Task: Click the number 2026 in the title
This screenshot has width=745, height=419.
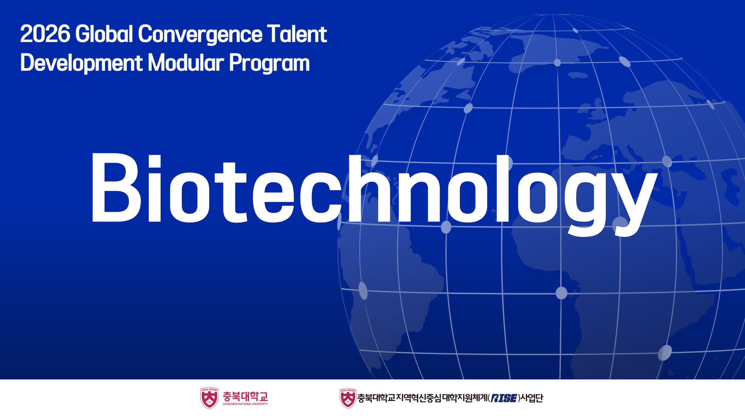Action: coord(45,34)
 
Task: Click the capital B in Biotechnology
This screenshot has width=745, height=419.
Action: coord(116,187)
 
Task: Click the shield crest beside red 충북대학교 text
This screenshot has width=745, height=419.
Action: coord(210,398)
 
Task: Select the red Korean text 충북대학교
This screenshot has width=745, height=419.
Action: coord(245,396)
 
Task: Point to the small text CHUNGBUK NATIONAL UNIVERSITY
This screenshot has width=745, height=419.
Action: coord(245,404)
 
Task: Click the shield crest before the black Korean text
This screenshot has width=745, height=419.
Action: coord(348,398)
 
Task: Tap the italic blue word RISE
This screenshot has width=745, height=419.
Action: coord(504,398)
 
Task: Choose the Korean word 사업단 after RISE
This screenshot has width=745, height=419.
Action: coord(532,398)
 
